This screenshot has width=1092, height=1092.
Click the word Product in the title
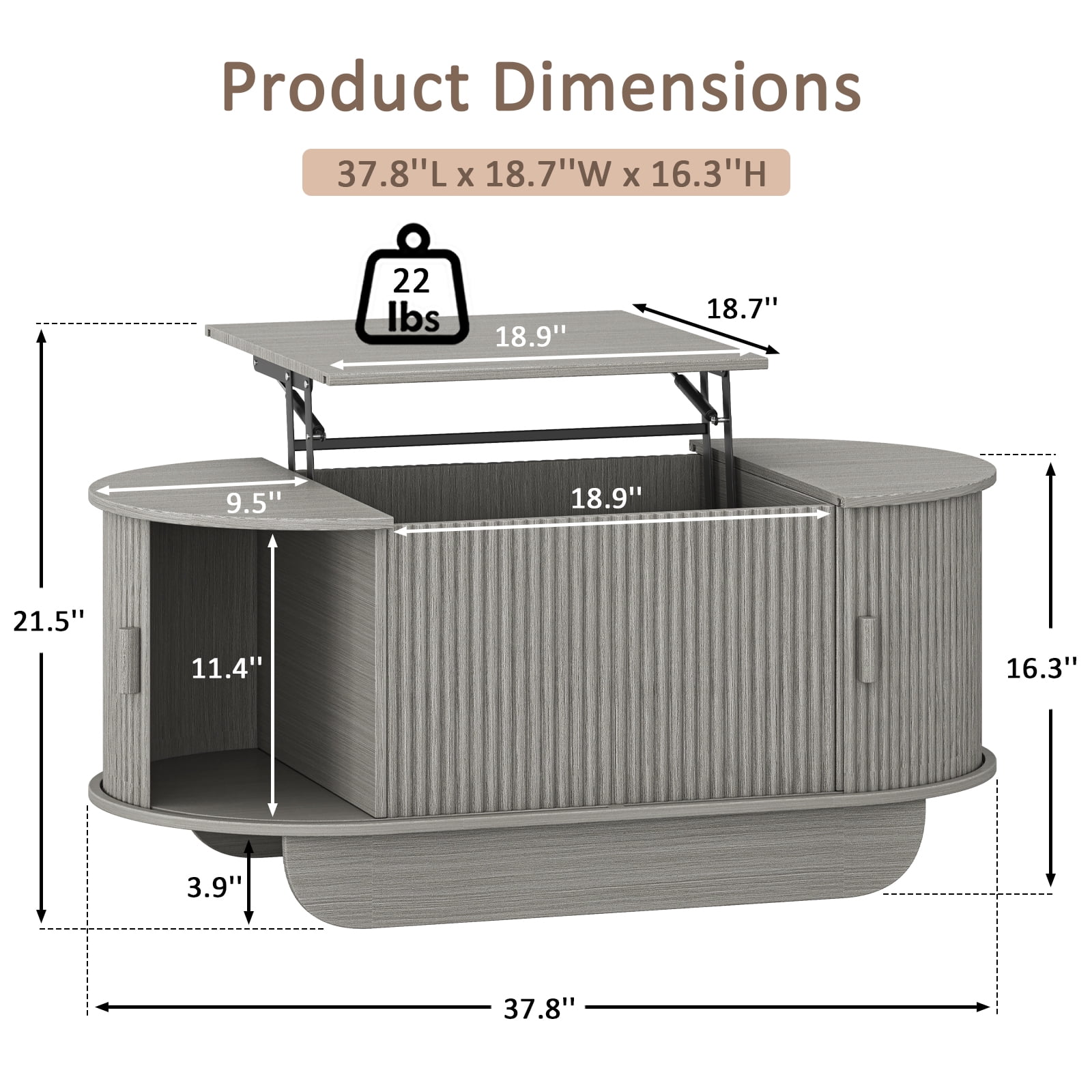[x=345, y=87]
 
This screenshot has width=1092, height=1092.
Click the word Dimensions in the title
[x=677, y=87]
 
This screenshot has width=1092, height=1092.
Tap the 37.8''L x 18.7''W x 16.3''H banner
[x=546, y=173]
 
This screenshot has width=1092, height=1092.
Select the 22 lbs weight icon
[x=412, y=285]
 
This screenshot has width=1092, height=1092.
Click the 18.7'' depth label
[x=742, y=308]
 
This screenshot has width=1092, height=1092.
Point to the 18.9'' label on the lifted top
[x=530, y=336]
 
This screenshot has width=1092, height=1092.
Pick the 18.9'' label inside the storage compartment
[x=606, y=498]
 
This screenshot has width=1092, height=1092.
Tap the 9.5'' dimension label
[x=254, y=502]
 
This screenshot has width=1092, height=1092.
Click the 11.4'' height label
[x=227, y=668]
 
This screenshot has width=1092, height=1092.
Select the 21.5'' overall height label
[x=49, y=622]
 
